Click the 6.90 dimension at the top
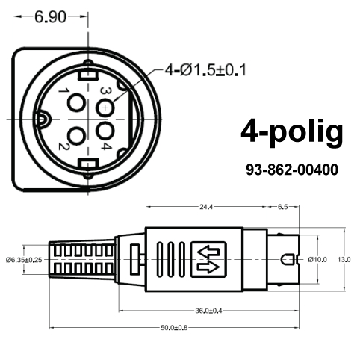click(x=51, y=17)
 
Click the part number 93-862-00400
click(x=292, y=170)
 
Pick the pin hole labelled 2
click(x=75, y=136)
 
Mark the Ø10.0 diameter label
click(x=317, y=259)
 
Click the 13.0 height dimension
click(x=344, y=259)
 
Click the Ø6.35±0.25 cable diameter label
click(x=24, y=259)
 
